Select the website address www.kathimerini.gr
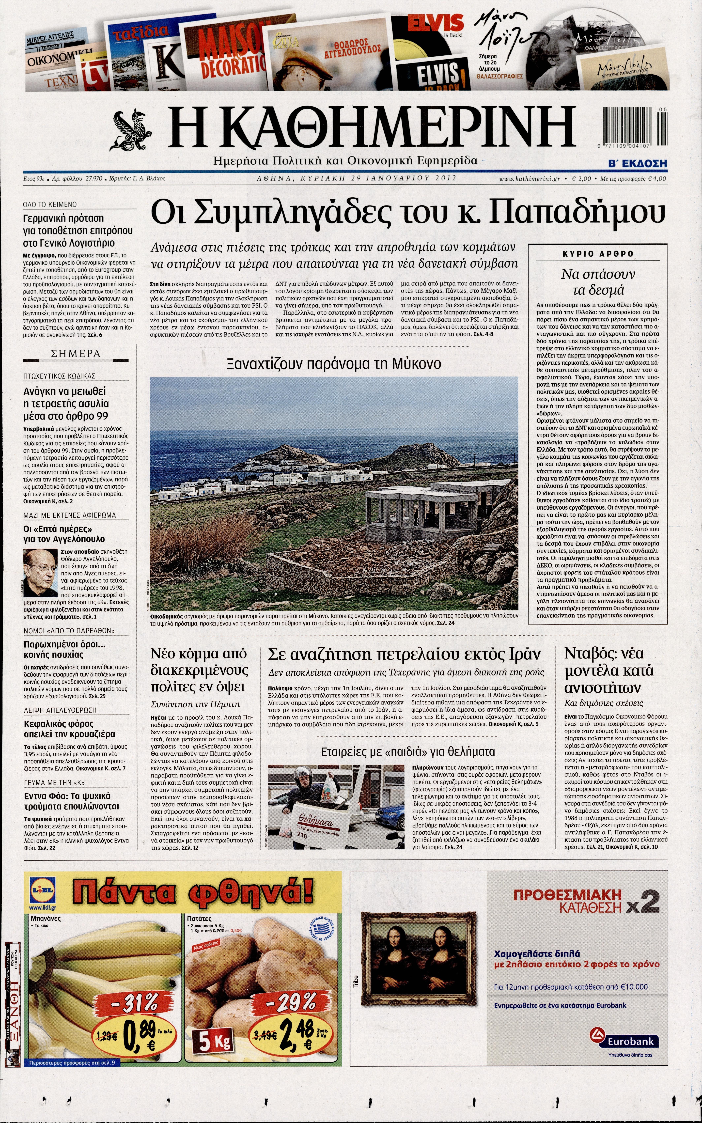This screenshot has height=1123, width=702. [x=529, y=178]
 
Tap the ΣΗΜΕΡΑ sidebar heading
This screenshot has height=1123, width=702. [x=76, y=354]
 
